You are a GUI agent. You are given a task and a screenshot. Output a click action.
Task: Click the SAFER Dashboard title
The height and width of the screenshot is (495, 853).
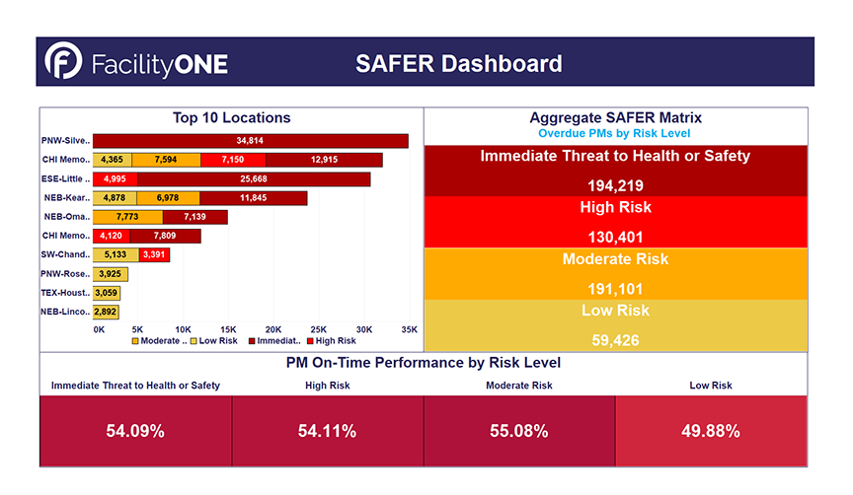click(458, 64)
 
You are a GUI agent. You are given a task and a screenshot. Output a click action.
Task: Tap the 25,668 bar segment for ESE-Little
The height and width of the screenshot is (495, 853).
click(254, 178)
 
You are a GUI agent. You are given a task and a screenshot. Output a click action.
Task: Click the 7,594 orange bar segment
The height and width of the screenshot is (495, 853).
click(166, 160)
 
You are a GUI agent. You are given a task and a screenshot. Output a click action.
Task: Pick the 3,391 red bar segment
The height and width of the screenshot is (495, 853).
click(154, 255)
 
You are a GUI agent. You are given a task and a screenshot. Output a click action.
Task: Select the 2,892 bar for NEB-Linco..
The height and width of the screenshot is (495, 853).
click(106, 312)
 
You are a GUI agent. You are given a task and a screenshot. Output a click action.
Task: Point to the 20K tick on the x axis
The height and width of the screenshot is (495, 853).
click(273, 328)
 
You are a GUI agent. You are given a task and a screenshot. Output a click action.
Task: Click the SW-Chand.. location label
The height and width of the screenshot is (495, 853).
click(66, 255)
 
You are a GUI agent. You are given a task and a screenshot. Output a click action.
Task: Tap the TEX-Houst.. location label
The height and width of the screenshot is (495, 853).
click(66, 293)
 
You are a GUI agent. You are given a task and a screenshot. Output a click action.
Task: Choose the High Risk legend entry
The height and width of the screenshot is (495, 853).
click(333, 340)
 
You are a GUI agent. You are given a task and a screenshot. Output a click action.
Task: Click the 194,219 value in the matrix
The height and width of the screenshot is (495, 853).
click(615, 183)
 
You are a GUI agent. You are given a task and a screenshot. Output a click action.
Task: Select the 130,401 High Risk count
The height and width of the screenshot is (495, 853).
click(615, 235)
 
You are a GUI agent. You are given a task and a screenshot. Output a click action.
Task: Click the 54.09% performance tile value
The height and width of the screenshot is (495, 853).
click(135, 431)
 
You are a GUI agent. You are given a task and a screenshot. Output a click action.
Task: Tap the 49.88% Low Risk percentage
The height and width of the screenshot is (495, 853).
click(711, 431)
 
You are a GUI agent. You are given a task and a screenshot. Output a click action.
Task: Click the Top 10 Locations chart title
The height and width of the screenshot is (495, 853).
click(231, 117)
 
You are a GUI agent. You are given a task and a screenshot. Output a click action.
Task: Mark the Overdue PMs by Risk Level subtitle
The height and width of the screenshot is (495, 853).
click(614, 133)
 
